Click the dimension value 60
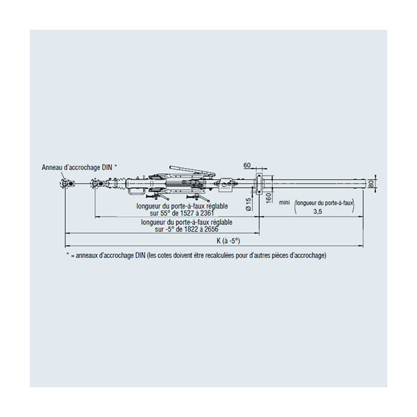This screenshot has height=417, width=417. [x=247, y=165]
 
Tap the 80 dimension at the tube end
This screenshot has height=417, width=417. [x=372, y=183]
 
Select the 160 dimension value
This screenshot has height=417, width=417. [x=268, y=198]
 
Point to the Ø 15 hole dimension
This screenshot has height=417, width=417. [x=248, y=204]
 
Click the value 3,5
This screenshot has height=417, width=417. [x=318, y=211]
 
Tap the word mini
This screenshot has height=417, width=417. [x=284, y=203]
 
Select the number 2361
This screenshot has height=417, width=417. [x=207, y=213]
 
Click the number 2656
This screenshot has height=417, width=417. [x=211, y=229]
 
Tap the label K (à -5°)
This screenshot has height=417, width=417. [x=228, y=241]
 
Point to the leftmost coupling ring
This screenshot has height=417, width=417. [x=65, y=183]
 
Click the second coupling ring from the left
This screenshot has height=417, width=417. [x=95, y=183]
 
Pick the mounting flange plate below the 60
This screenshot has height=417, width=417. [x=259, y=183]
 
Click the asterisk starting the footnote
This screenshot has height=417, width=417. [x=68, y=254]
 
